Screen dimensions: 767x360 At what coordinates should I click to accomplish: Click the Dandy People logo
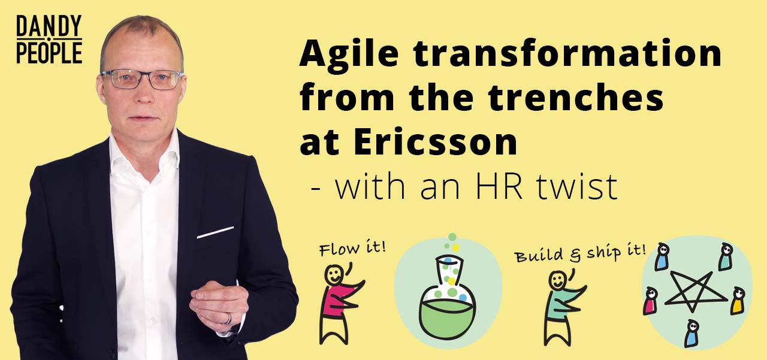tap(49, 39)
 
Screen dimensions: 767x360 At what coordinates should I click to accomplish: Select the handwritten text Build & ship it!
tap(580, 253)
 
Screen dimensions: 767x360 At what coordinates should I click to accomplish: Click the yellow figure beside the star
tap(738, 301)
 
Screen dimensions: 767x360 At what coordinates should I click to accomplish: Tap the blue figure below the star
tap(691, 334)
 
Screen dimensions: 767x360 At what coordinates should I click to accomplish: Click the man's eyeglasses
tap(143, 80)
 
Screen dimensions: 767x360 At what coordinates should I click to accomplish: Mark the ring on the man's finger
tap(228, 319)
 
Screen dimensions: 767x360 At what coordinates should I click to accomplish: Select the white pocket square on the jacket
tap(215, 232)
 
